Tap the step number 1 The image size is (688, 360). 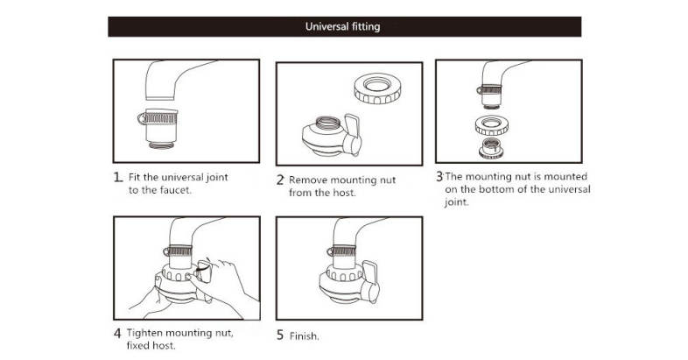[117, 176]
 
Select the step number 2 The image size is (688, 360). [280, 180]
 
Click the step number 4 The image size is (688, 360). [117, 334]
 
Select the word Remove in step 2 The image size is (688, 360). [308, 180]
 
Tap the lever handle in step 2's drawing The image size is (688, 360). [355, 128]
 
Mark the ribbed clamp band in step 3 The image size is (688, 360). [493, 90]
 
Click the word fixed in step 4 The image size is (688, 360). [140, 346]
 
